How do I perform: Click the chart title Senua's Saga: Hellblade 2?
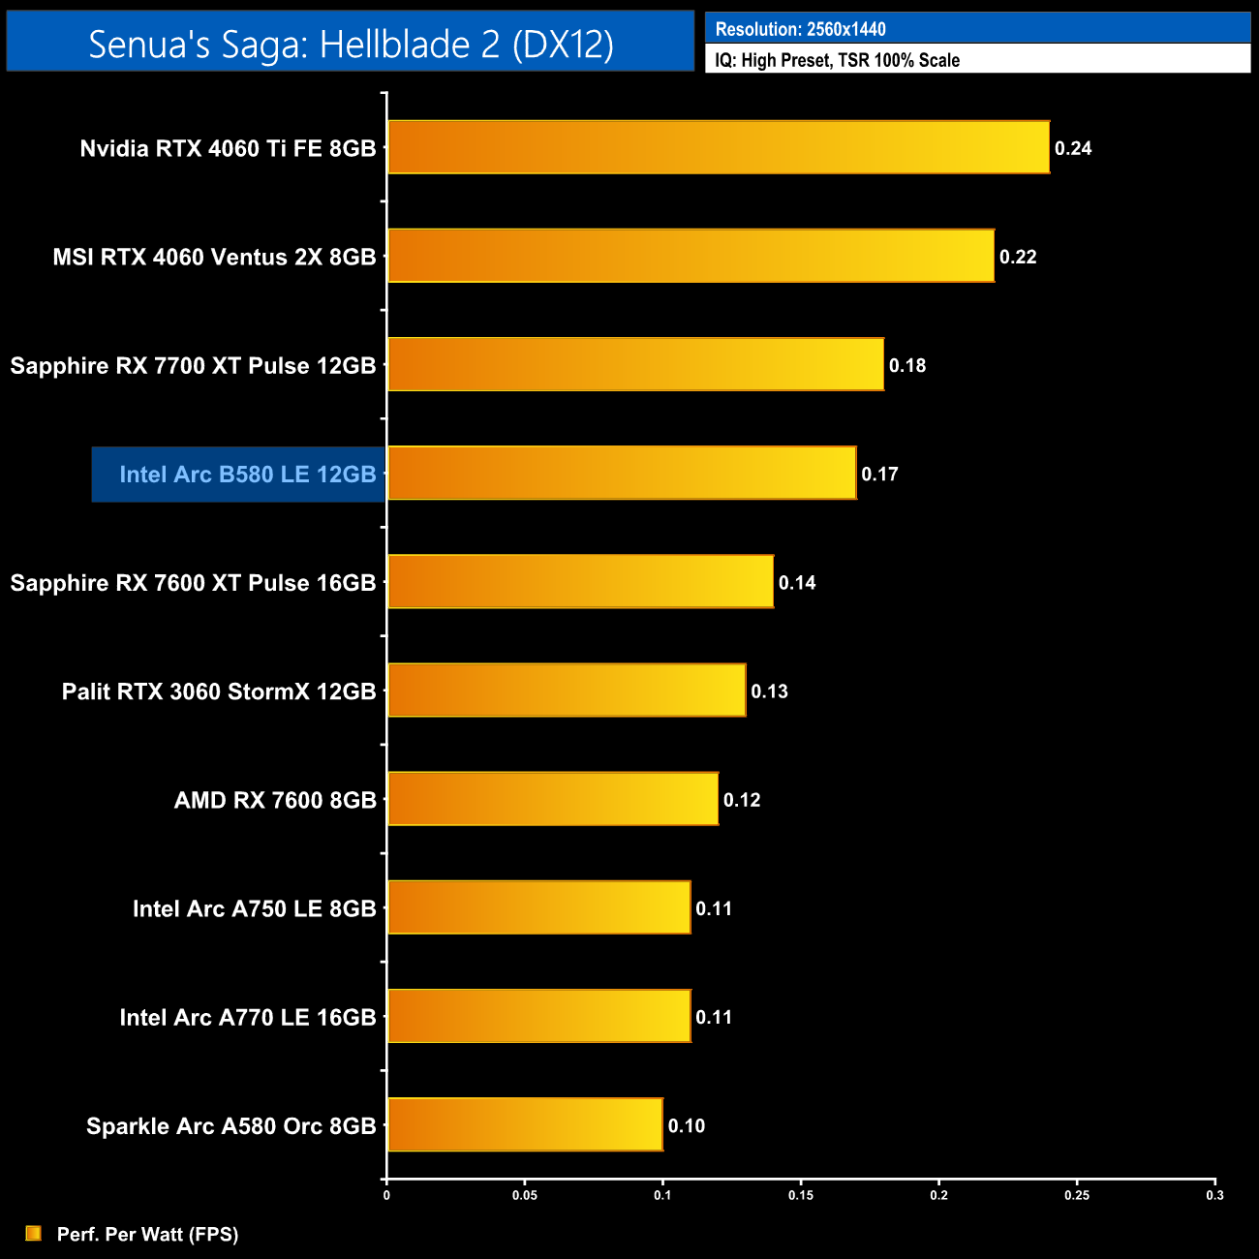pos(351,44)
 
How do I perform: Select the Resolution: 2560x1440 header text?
pos(800,29)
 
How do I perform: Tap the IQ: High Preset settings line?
pos(837,60)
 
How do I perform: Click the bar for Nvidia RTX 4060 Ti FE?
pos(718,147)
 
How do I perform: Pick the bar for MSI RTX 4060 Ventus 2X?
pos(691,256)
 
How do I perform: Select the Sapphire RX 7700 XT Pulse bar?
pos(635,364)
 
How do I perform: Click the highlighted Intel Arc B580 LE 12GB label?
pos(247,475)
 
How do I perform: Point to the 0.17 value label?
pos(879,475)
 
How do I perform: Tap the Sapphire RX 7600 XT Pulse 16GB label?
pos(193,583)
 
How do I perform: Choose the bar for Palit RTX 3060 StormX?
pos(567,691)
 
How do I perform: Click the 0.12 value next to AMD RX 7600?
pos(742,800)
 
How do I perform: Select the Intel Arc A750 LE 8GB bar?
pos(538,907)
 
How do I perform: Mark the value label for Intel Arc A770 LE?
pos(714,1017)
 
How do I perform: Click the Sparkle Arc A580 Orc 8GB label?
pos(230,1126)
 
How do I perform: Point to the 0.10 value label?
pos(686,1125)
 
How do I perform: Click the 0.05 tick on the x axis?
pos(525,1195)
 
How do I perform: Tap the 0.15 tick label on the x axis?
pos(801,1195)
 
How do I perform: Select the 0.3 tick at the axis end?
pos(1214,1195)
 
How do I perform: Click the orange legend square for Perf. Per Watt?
pos(34,1233)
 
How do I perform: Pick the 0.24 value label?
pos(1073,148)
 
